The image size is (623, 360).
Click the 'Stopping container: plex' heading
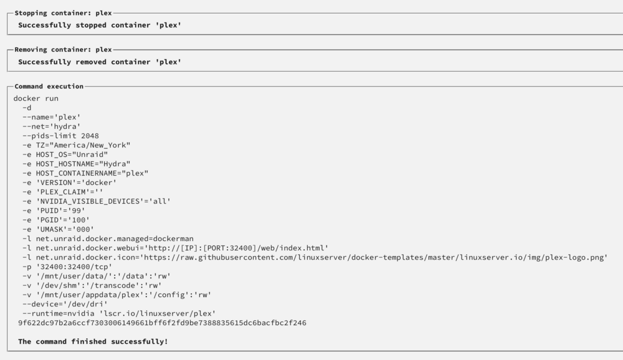[63, 13]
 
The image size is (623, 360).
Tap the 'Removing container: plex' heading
[63, 50]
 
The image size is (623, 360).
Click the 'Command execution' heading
[49, 86]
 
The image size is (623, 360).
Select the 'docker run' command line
[36, 98]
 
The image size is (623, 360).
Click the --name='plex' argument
[52, 117]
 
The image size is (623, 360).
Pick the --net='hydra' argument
[52, 126]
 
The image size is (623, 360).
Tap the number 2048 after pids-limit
[90, 136]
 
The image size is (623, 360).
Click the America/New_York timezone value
[90, 145]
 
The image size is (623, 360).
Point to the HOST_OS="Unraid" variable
[72, 154]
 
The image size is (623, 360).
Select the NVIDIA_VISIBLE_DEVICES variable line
[97, 201]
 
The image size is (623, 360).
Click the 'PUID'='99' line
[54, 211]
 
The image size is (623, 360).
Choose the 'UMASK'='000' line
[59, 229]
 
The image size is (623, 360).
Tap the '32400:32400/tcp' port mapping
[74, 267]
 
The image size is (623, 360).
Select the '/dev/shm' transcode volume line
[92, 285]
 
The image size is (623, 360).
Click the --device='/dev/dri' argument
[65, 304]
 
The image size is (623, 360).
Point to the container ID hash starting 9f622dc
[162, 323]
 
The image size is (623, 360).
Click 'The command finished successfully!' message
[93, 342]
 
